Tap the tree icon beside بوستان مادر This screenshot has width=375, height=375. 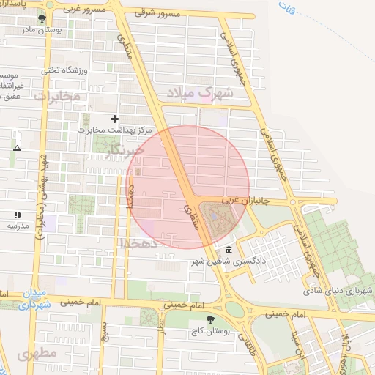click(x=41, y=18)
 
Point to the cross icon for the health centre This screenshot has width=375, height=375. click(x=114, y=119)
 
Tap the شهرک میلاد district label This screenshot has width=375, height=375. click(x=199, y=93)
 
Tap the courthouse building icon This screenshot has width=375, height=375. click(x=229, y=250)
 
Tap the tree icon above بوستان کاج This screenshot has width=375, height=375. click(x=212, y=319)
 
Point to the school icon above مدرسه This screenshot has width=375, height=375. click(x=17, y=215)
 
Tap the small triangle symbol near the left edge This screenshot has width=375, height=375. click(x=16, y=147)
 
